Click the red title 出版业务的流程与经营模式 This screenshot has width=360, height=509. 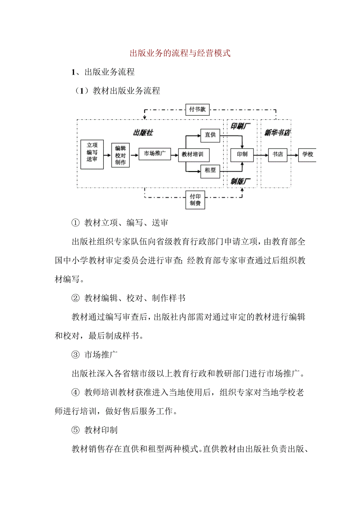(x=180, y=53)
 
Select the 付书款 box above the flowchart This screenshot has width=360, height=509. (x=197, y=109)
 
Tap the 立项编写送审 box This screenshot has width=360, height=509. (x=92, y=154)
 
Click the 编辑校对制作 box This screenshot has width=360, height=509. (x=120, y=155)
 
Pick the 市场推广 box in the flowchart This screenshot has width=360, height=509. (x=155, y=154)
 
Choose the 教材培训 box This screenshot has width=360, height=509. (x=193, y=154)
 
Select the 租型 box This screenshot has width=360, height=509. (x=210, y=170)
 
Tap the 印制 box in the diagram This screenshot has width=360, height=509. (x=242, y=154)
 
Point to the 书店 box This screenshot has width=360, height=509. (x=277, y=154)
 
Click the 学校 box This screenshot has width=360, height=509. (x=308, y=154)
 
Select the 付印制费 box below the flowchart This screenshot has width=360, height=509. (x=195, y=199)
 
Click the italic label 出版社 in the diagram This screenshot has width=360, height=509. (x=143, y=133)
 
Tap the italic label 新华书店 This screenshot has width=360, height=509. (x=277, y=133)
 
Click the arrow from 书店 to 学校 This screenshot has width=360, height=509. (x=292, y=154)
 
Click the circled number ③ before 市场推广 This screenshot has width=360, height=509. (x=75, y=355)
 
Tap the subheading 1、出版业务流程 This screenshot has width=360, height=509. (x=103, y=72)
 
